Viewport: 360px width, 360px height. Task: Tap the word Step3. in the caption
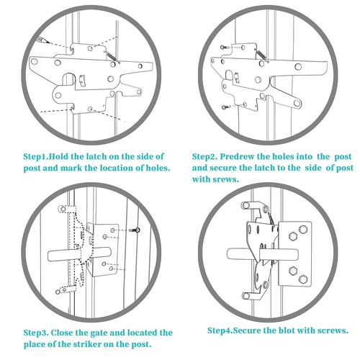click(x=37, y=333)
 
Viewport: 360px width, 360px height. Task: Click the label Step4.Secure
click(x=235, y=330)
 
